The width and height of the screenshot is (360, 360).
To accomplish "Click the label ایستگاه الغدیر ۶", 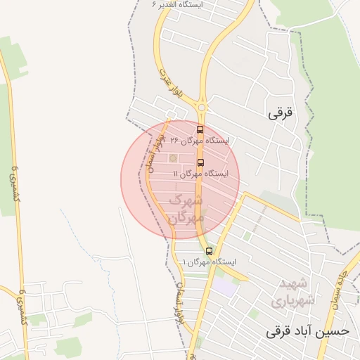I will (176, 4).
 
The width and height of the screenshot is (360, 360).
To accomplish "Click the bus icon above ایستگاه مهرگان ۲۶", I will (200, 129).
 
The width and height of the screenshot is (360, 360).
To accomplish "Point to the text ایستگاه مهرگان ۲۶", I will (200, 141).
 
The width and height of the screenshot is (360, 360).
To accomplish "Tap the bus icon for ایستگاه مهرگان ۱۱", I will (200, 162).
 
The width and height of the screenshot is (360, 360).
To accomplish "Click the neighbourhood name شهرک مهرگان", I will (187, 208).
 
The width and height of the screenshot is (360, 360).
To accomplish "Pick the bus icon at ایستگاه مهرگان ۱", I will (209, 251).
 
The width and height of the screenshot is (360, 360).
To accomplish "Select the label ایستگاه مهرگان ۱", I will (210, 262).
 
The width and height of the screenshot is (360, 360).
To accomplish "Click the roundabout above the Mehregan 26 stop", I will (202, 108).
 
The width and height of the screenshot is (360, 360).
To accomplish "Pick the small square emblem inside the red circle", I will (174, 157).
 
